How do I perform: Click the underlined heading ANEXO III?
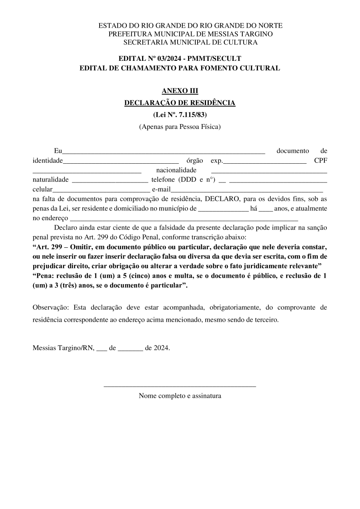coord(180,91)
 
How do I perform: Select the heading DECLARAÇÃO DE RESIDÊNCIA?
coord(180,103)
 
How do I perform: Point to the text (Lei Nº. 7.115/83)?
coord(180,115)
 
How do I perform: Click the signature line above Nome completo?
coord(180,386)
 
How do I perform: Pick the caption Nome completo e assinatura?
coord(180,396)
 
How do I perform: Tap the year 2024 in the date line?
coord(162,348)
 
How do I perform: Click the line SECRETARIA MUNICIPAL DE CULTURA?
coord(190,42)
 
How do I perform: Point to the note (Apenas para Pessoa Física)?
coord(180,127)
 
